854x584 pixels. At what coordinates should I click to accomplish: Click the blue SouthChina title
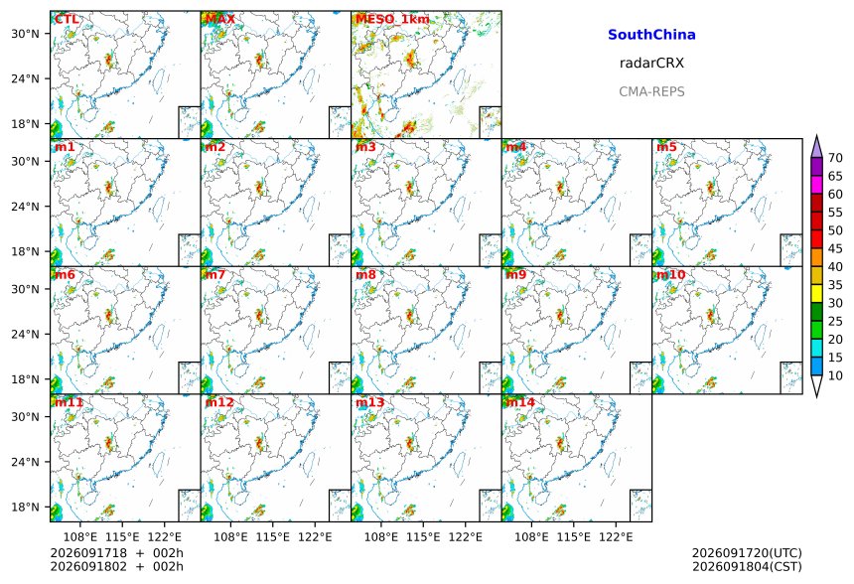point(651,35)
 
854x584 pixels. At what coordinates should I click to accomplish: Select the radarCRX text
point(651,64)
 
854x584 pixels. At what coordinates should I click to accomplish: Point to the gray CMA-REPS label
point(651,91)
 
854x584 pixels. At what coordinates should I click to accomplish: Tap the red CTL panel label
point(67,20)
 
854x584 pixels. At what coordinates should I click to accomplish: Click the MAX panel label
point(220,20)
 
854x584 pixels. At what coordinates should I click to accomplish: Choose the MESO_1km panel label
point(392,20)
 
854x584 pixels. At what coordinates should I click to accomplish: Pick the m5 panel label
point(666,147)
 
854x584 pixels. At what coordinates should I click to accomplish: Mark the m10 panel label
point(670,274)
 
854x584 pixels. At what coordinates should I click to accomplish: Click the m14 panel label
point(520,402)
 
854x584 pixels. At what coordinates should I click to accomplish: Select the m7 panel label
point(215,274)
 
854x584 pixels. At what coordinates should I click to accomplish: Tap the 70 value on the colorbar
point(835,158)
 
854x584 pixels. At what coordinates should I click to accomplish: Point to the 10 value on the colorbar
point(835,375)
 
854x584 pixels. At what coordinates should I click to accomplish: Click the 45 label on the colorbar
point(835,248)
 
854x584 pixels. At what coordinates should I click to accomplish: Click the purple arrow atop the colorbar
point(816,146)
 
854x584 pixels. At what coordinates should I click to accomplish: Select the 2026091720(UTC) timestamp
point(747,553)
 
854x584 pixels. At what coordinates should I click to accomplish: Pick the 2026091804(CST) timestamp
point(747,566)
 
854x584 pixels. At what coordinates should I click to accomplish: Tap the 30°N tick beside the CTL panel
point(25,34)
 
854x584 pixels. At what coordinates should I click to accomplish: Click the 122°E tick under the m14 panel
point(616,537)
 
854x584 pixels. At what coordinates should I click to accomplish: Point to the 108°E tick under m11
point(80,537)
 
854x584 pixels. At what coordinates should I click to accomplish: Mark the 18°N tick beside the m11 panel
point(25,508)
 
